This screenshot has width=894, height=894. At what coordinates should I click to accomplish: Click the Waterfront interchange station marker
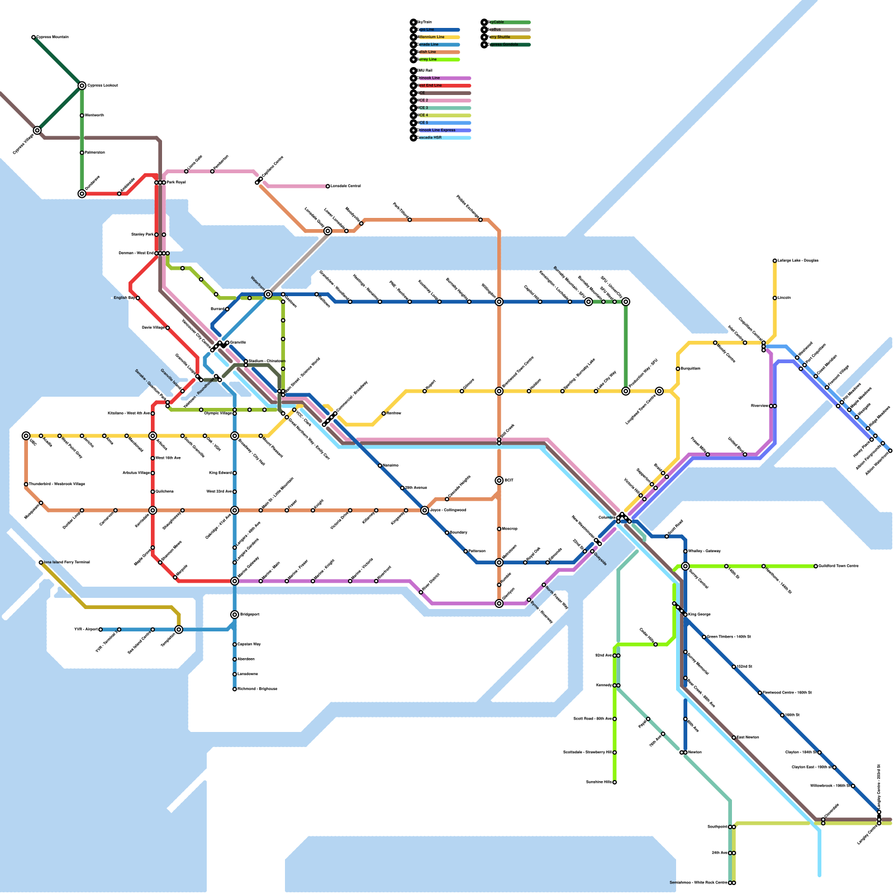pyautogui.click(x=268, y=294)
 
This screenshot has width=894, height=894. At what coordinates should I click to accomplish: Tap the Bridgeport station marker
pyautogui.click(x=235, y=615)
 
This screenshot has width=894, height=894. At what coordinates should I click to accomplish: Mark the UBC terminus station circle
pyautogui.click(x=26, y=436)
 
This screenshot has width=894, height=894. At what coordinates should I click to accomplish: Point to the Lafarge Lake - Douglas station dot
pyautogui.click(x=775, y=261)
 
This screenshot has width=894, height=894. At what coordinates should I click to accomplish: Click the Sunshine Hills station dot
pyautogui.click(x=615, y=782)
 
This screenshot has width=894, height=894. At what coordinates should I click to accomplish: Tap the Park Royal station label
pyautogui.click(x=176, y=183)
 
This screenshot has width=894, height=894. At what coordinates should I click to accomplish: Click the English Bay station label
pyautogui.click(x=124, y=298)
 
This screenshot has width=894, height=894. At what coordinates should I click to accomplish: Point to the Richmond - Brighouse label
pyautogui.click(x=258, y=689)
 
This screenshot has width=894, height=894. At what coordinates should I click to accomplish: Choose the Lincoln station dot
pyautogui.click(x=775, y=298)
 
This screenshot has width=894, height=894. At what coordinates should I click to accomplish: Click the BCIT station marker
pyautogui.click(x=499, y=481)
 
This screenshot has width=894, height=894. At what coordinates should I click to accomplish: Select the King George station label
pyautogui.click(x=700, y=615)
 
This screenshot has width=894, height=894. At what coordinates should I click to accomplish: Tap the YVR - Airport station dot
pyautogui.click(x=101, y=630)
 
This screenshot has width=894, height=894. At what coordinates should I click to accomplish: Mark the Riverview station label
pyautogui.click(x=759, y=406)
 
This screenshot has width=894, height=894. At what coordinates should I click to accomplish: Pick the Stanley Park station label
pyautogui.click(x=142, y=235)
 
